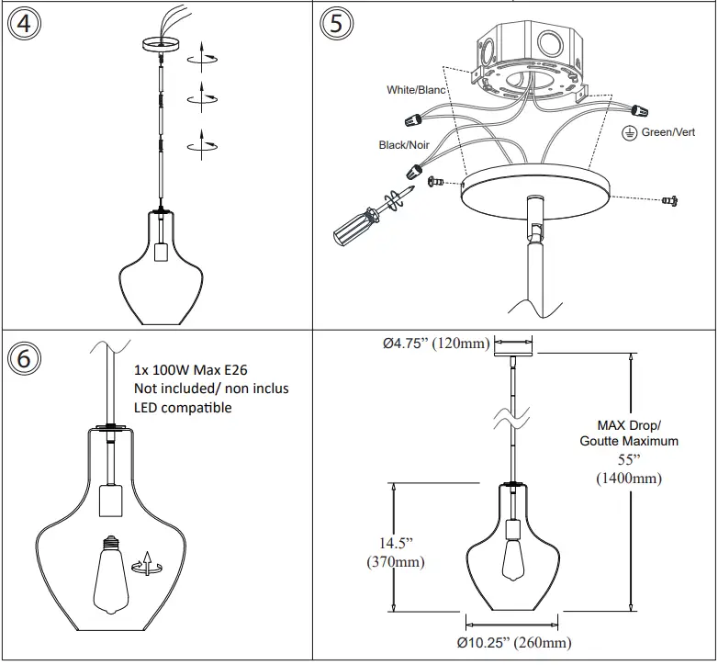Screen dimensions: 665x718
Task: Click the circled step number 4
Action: (25, 25)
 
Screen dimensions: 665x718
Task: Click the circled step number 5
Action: (336, 25)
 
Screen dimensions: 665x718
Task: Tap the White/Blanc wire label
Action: (416, 90)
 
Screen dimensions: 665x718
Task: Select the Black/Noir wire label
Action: (404, 145)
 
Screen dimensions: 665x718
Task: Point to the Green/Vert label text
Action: (668, 132)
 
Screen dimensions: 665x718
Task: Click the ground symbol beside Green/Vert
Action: (630, 133)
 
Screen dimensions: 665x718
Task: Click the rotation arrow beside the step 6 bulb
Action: (143, 561)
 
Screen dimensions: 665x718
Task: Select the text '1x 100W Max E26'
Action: (192, 370)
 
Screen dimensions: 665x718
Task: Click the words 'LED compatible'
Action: (183, 407)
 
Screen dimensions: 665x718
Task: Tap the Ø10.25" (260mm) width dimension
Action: (513, 642)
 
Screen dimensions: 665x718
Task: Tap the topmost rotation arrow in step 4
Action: (203, 60)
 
